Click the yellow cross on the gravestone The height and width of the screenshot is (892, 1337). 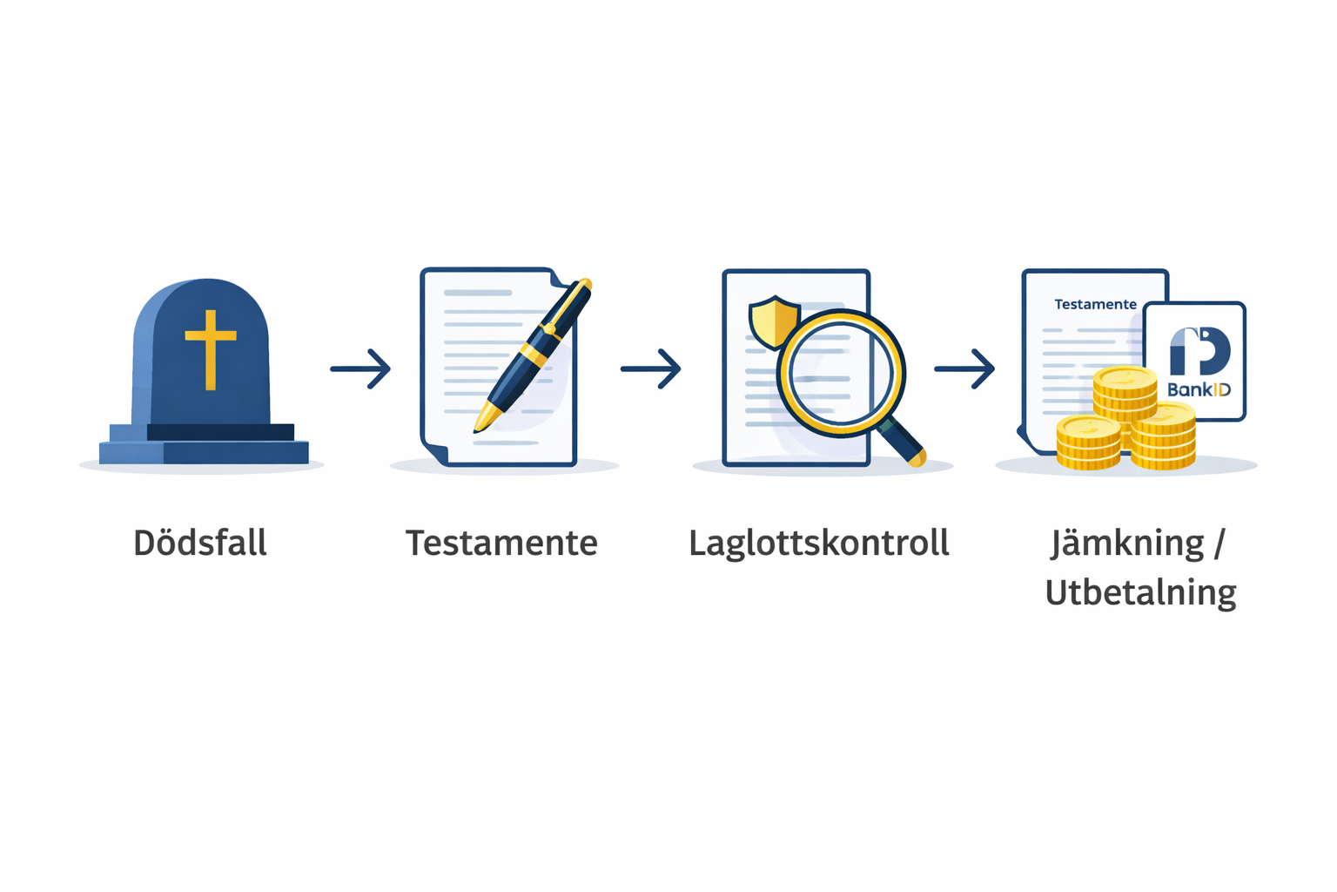point(210,349)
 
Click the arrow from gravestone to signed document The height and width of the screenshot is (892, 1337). point(360,368)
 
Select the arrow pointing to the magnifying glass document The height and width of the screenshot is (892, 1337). point(650,368)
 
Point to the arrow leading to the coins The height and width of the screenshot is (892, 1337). point(964,368)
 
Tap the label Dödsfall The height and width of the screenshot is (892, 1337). point(200,543)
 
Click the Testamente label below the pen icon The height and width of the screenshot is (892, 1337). point(501,543)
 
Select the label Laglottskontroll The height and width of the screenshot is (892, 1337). point(819,544)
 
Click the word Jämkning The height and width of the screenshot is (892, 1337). point(1127,544)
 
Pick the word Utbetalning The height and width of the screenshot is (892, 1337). point(1140,592)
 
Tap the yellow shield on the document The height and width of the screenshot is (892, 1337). point(774,321)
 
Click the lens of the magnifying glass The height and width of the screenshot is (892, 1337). point(840,372)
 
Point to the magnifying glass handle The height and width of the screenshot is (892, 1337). point(900,442)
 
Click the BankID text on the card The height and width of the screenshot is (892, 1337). point(1199,390)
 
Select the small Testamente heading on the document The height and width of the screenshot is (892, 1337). point(1095,304)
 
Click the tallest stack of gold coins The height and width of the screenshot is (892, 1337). point(1125,406)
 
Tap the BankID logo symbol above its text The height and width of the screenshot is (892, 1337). point(1199,351)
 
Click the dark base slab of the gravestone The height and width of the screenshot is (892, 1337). point(220,432)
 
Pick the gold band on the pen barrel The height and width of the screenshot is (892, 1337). point(534,354)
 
